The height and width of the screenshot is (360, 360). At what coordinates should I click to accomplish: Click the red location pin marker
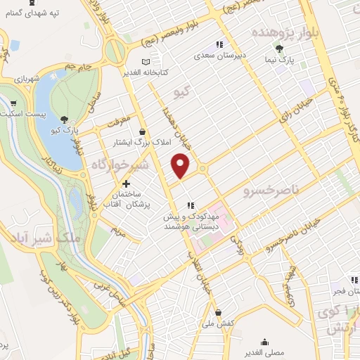tap(181, 164)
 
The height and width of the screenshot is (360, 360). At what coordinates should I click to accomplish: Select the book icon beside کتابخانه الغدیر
tap(146, 62)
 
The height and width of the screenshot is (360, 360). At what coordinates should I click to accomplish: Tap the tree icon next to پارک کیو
tap(65, 119)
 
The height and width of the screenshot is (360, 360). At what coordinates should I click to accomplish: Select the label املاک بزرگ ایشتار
tap(143, 142)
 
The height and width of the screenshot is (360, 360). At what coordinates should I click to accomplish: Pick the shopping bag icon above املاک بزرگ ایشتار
tap(143, 131)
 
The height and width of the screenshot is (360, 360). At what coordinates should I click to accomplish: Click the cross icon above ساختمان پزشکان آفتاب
tap(126, 184)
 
